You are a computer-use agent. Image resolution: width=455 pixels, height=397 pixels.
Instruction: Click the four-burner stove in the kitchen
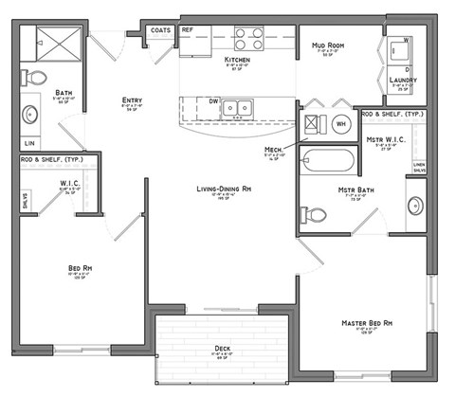pyautogui.click(x=248, y=39)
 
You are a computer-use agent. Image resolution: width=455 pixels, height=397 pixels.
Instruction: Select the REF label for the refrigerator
pyautogui.click(x=188, y=30)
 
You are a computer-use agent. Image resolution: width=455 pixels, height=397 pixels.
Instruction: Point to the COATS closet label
pyautogui.click(x=160, y=30)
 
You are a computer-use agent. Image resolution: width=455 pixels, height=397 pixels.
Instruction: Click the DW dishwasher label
pyautogui.click(x=213, y=100)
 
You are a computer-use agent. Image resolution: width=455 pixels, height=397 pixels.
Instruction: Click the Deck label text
pyautogui.click(x=223, y=349)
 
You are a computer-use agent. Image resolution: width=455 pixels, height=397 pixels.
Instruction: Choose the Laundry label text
pyautogui.click(x=403, y=81)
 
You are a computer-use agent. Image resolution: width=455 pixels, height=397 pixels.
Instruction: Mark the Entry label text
pyautogui.click(x=132, y=99)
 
